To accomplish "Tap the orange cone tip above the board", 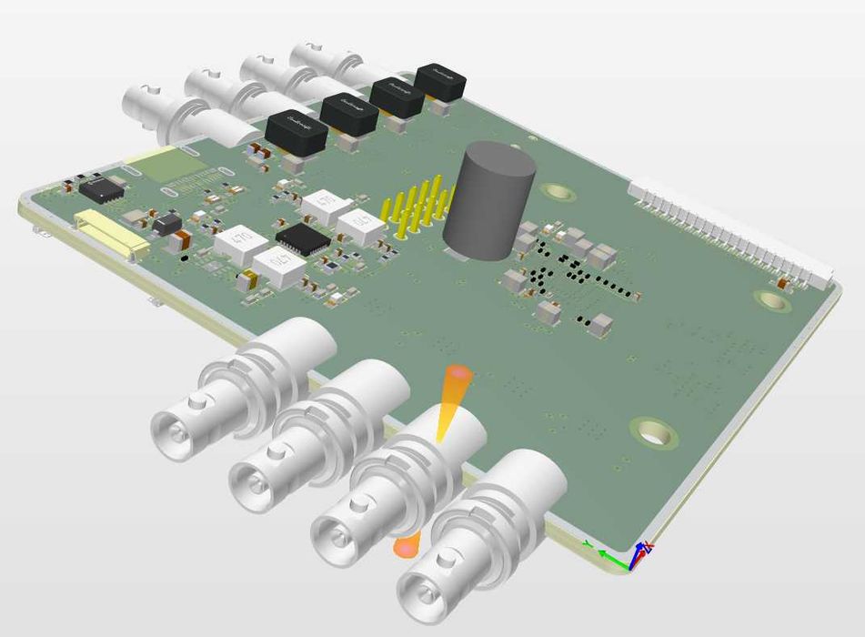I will coord(458,374).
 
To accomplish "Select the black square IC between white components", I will coord(302,238).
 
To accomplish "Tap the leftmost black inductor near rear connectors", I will coord(296,132).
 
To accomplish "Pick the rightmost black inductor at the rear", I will coord(440,81).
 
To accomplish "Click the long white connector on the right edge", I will coord(732,227).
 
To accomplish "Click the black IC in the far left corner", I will coord(103,189).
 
